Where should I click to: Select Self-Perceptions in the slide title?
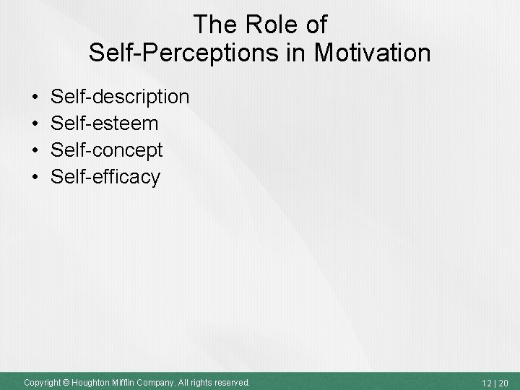pos(169,52)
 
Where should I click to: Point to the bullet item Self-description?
pos(120,96)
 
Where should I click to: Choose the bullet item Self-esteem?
pos(104,123)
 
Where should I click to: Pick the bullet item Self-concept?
pos(107,150)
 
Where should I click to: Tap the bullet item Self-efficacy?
pos(105,177)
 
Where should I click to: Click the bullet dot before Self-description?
pos(35,97)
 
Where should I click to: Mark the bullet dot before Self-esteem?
pos(35,123)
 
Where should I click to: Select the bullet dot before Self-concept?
pos(35,150)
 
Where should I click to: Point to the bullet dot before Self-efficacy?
pos(35,177)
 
